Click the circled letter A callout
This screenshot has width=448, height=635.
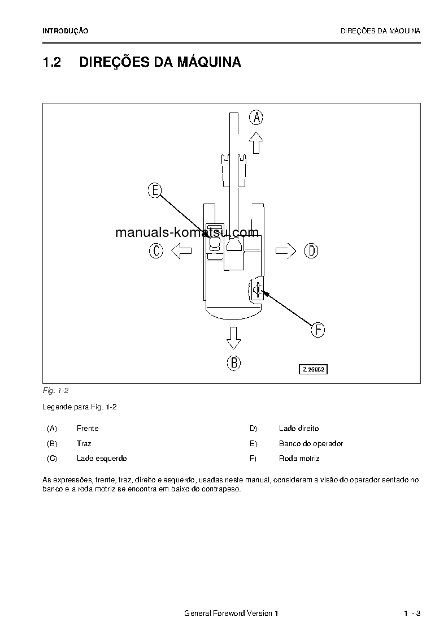coord(256,118)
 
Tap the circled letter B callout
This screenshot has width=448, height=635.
coord(233,363)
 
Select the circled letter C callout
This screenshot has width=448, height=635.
coord(156,250)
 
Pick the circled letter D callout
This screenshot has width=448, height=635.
coord(311,250)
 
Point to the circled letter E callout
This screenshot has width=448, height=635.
coord(155,191)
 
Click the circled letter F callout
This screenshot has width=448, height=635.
coord(318,330)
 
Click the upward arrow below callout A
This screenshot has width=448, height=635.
coord(256,142)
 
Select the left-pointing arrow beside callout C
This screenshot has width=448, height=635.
coord(181,250)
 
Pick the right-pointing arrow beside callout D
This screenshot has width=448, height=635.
coord(286,250)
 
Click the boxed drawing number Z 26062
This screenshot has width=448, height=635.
coord(314,369)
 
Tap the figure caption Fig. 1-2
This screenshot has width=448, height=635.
coord(55,391)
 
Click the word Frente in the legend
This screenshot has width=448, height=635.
coord(88,429)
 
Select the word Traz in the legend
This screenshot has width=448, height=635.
coord(84,444)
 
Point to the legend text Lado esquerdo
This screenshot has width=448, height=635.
coord(102,459)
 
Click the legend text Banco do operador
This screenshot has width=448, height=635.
coord(311,444)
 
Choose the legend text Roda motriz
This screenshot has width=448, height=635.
coord(299,459)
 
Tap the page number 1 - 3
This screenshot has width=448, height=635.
coord(412,614)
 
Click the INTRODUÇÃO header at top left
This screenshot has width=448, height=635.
coord(66,31)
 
